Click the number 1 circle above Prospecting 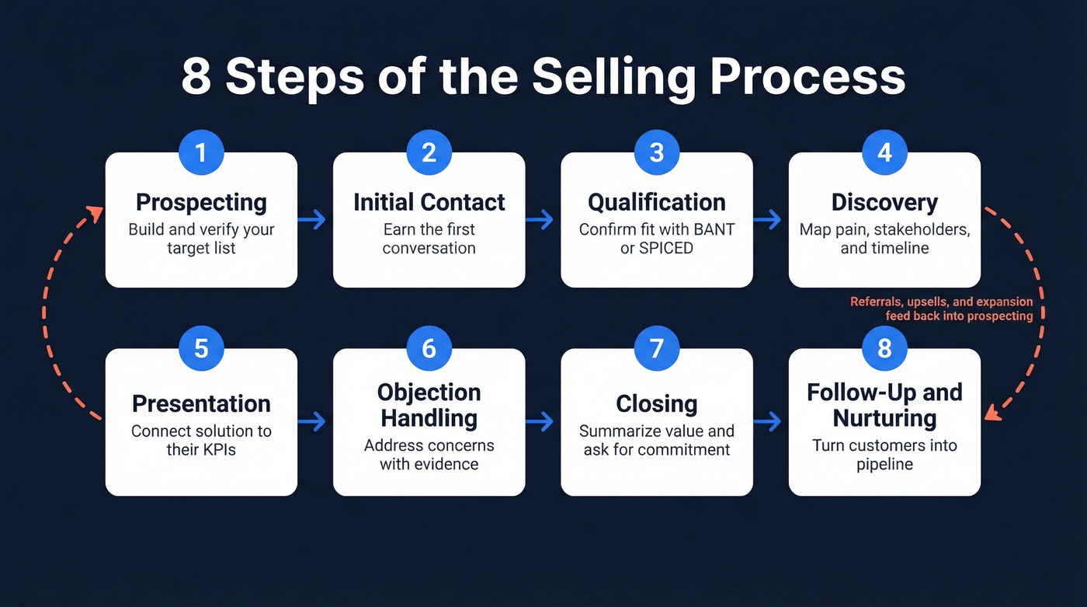(x=201, y=152)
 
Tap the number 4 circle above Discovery (x=884, y=152)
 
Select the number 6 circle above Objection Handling (x=429, y=348)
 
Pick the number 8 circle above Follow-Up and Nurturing (x=884, y=348)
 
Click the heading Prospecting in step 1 (x=201, y=202)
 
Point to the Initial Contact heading (x=429, y=202)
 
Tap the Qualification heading (x=656, y=202)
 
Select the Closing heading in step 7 (x=656, y=404)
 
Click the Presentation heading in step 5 (x=201, y=404)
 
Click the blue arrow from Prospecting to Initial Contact (x=312, y=220)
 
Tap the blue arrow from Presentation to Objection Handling (x=312, y=422)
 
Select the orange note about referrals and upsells (x=941, y=309)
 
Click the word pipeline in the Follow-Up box (x=884, y=464)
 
